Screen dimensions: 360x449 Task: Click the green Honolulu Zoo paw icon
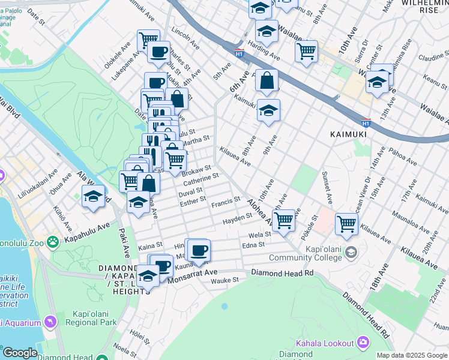[x=53, y=241]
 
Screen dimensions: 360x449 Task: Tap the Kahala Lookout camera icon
[x=363, y=343]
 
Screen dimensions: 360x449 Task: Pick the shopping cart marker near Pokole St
[x=347, y=223]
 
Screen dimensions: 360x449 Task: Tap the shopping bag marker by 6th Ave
[x=267, y=80]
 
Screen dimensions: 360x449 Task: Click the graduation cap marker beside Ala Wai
[x=94, y=196]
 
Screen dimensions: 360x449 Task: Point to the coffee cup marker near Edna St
[x=199, y=249]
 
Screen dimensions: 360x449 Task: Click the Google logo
[x=20, y=353]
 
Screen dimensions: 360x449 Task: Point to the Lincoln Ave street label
[x=184, y=37]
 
